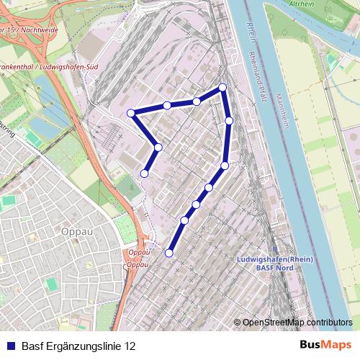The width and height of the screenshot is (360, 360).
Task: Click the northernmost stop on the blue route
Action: (222, 87)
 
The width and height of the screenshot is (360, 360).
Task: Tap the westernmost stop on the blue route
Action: (130, 113)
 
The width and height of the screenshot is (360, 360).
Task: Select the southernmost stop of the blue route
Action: (169, 253)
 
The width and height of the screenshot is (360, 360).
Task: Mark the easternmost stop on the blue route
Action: (229, 120)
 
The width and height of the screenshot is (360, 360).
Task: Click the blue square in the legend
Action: (10, 345)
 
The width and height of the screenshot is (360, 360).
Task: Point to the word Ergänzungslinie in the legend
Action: (84, 345)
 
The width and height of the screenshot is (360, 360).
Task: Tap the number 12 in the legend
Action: (129, 345)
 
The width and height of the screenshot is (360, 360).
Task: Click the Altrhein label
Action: (300, 4)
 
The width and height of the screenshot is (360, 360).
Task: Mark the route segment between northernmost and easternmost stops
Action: (226, 104)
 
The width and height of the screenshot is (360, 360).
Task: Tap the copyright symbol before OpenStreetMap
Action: (238, 323)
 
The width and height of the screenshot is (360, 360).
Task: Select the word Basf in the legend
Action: (33, 345)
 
